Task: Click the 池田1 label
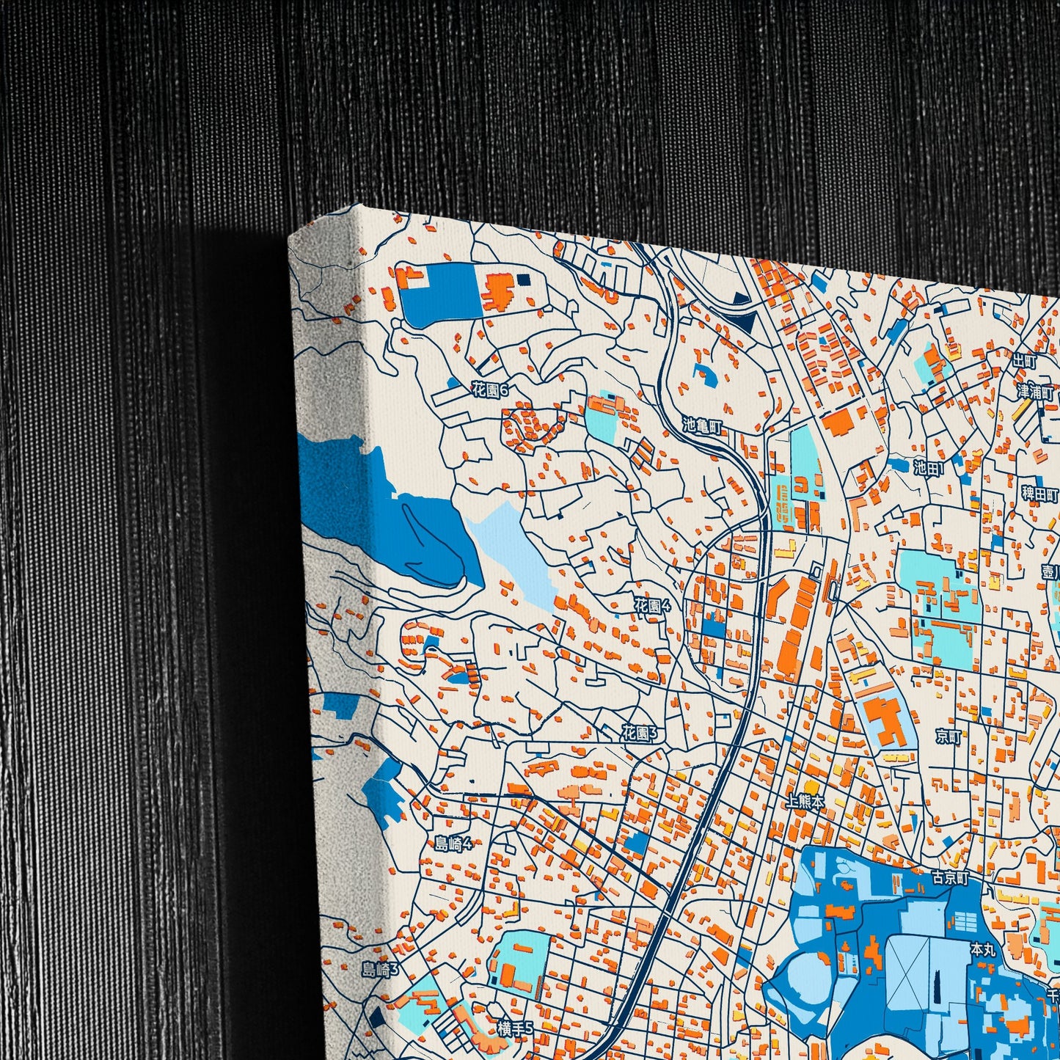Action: pyautogui.click(x=929, y=467)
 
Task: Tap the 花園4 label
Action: pyautogui.click(x=652, y=606)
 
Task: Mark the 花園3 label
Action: pyautogui.click(x=640, y=733)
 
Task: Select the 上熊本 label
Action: pyautogui.click(x=805, y=802)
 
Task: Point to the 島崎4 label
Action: pyautogui.click(x=453, y=844)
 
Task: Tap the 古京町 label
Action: pyautogui.click(x=950, y=877)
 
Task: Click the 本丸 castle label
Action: pyautogui.click(x=983, y=950)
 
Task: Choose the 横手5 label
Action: pyautogui.click(x=515, y=1029)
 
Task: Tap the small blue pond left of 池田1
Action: pyautogui.click(x=899, y=464)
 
